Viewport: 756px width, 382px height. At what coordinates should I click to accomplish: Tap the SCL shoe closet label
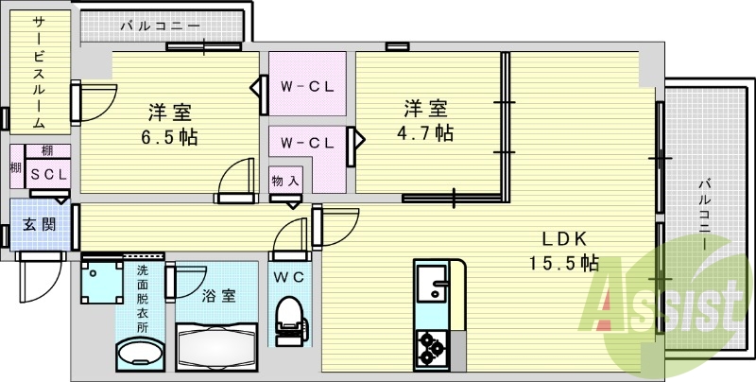[x=45, y=174]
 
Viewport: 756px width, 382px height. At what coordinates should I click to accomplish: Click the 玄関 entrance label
[x=39, y=225]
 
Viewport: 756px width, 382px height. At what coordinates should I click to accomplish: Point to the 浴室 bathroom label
[x=219, y=295]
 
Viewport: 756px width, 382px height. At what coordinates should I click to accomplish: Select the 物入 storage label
[x=285, y=181]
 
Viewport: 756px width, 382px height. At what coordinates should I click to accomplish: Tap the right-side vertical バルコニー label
[x=705, y=214]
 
